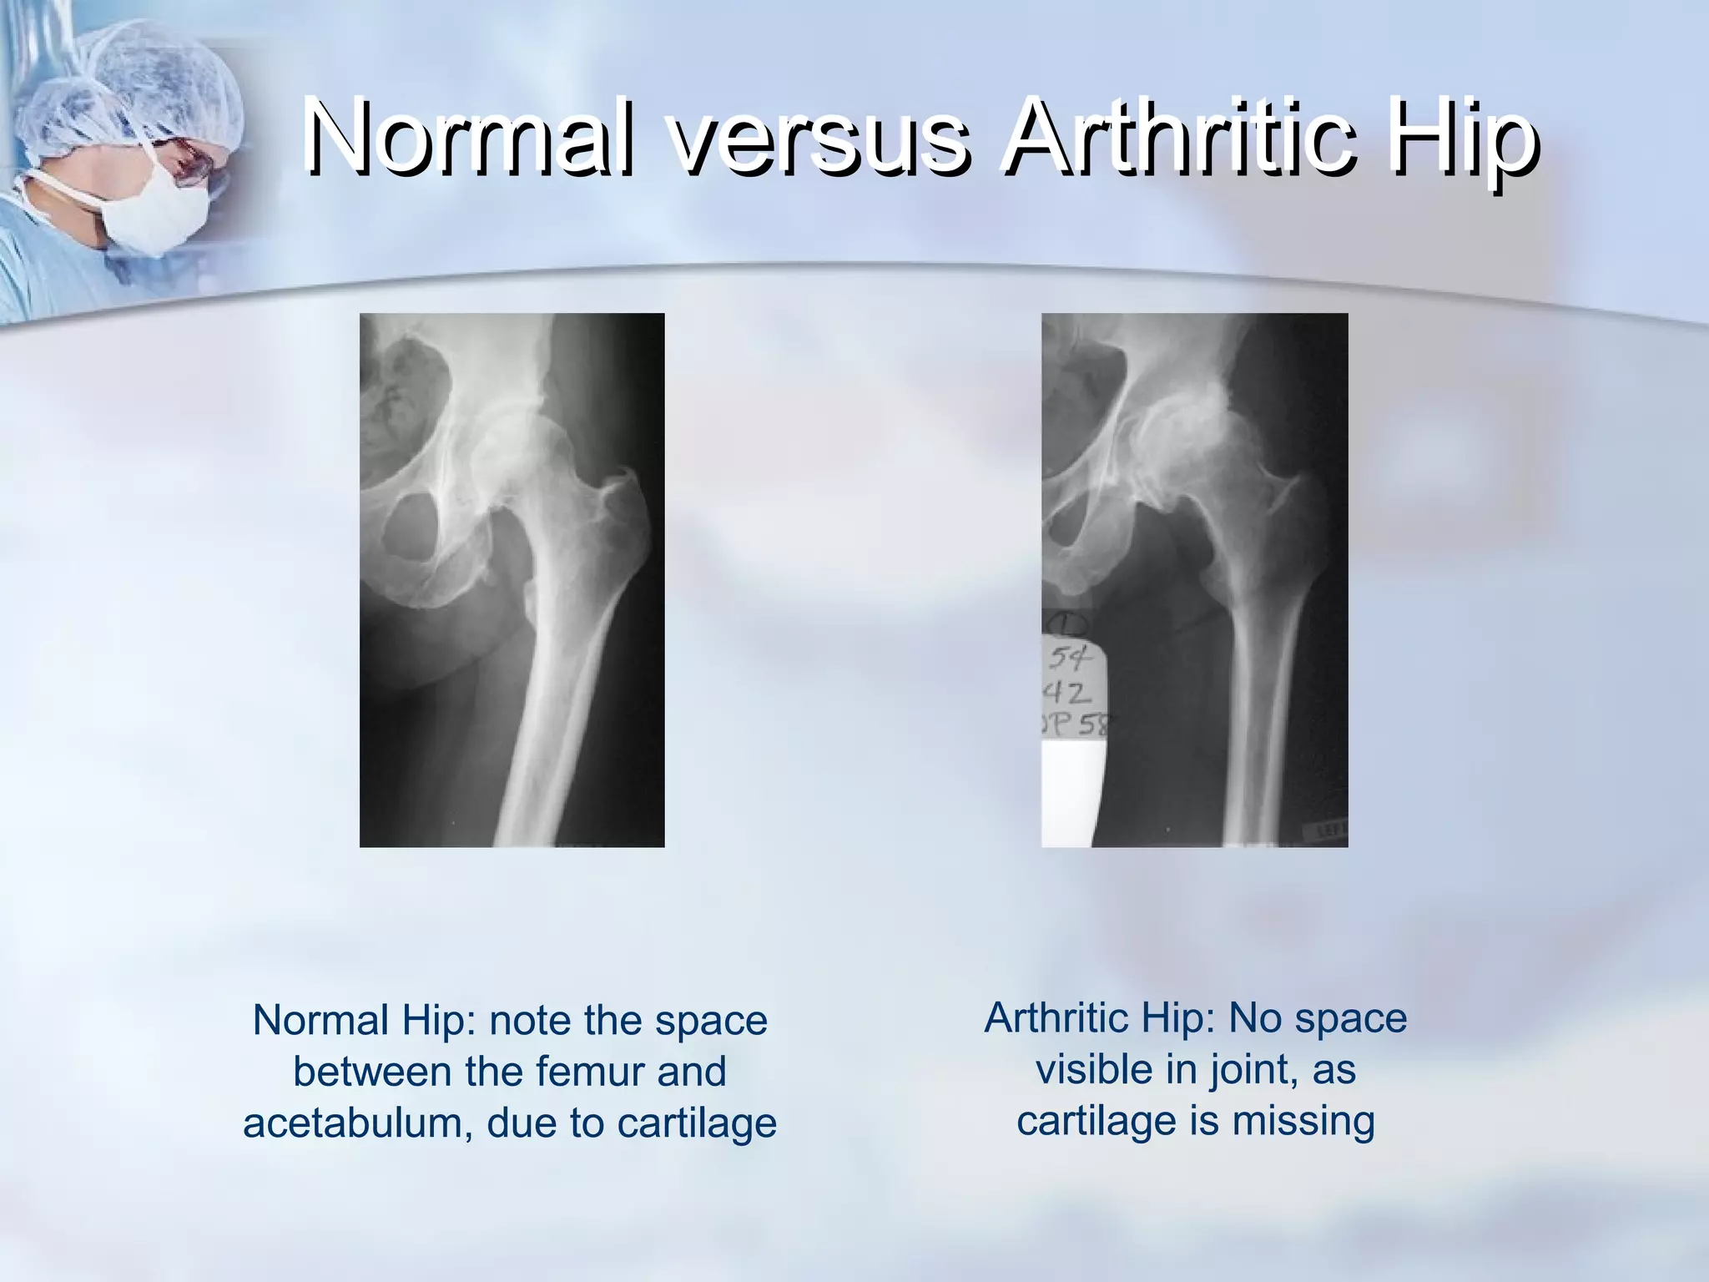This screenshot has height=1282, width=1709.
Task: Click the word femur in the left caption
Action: [x=592, y=1072]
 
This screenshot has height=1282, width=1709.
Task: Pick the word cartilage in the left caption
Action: [x=697, y=1123]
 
